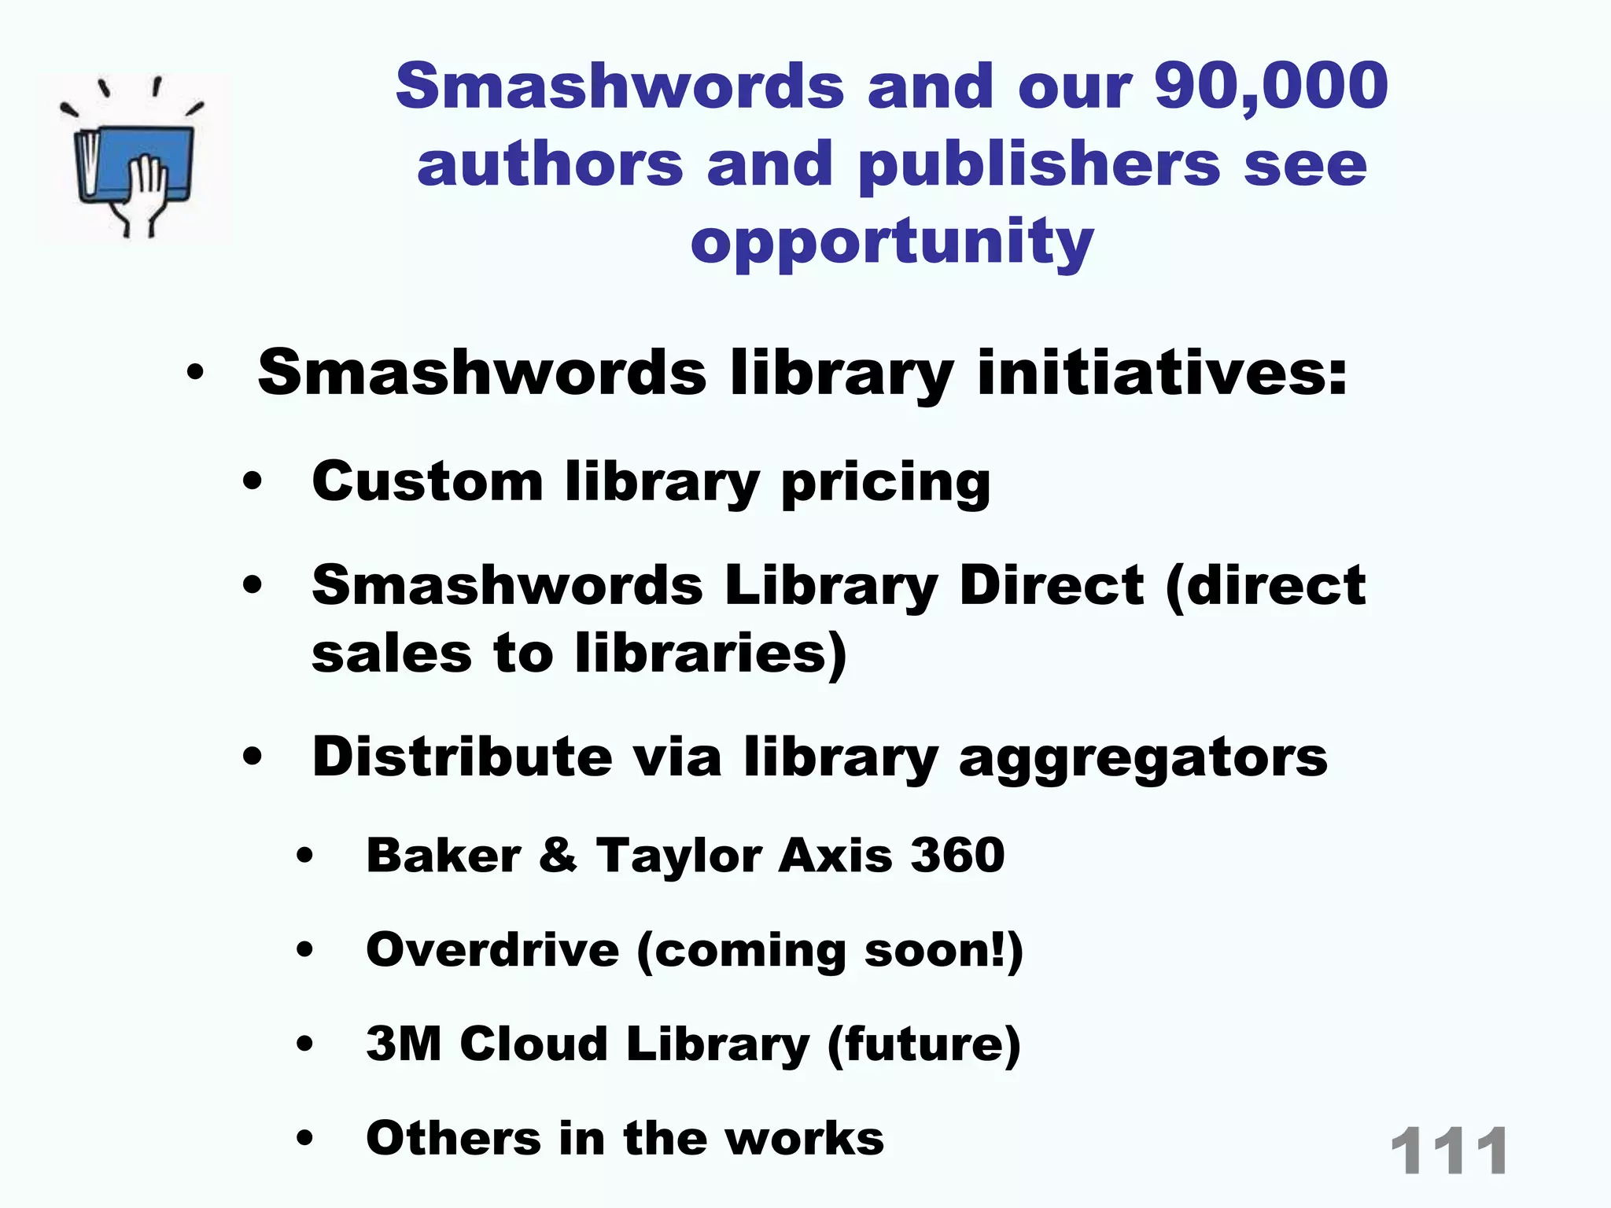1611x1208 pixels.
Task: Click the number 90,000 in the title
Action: point(1270,87)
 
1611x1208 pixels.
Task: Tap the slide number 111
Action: point(1449,1151)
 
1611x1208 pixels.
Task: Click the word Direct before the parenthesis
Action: point(1051,586)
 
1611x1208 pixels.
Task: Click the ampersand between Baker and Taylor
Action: point(558,855)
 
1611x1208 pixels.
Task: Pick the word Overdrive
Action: point(492,949)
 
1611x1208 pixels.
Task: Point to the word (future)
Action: point(923,1045)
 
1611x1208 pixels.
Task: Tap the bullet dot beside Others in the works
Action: point(305,1138)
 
